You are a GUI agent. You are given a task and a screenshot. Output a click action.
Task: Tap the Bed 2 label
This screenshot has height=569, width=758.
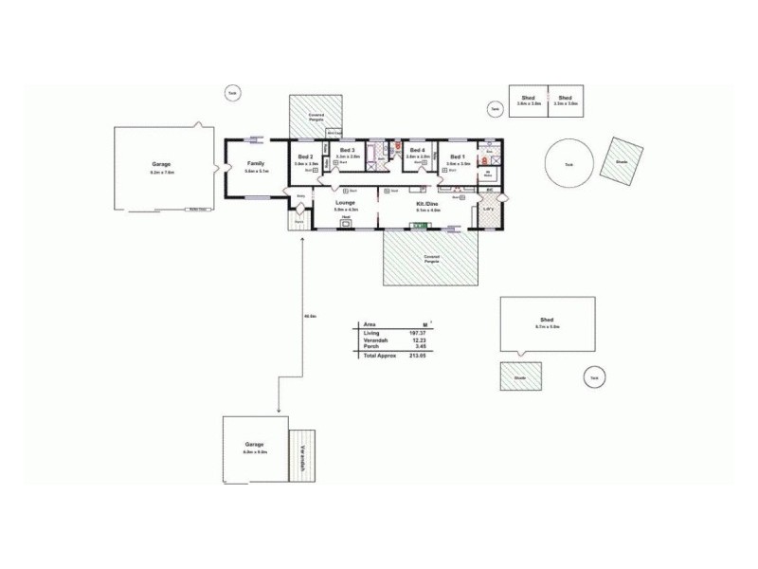coord(305,156)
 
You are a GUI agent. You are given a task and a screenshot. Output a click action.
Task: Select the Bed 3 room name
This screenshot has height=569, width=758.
coord(347,150)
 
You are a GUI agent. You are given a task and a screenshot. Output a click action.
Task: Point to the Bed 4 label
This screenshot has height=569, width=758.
coord(417,150)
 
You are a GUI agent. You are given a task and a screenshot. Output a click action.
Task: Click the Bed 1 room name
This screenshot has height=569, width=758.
coord(458,156)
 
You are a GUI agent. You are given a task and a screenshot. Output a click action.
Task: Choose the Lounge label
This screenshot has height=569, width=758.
coord(345,202)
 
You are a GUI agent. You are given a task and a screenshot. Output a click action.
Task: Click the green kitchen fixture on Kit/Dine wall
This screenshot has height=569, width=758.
coord(417,226)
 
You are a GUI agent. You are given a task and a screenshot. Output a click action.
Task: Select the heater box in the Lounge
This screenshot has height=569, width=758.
coord(346,224)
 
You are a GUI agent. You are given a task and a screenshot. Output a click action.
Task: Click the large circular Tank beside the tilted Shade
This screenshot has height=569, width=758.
coord(568,163)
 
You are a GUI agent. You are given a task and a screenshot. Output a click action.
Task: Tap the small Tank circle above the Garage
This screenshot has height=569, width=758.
coord(232,92)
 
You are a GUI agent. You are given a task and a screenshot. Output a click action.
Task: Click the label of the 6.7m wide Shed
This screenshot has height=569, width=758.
coord(547,321)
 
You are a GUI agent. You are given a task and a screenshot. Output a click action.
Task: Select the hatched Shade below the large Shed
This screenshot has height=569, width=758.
coord(521,376)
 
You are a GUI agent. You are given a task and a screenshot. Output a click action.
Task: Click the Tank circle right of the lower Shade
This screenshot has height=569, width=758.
coord(594,377)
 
